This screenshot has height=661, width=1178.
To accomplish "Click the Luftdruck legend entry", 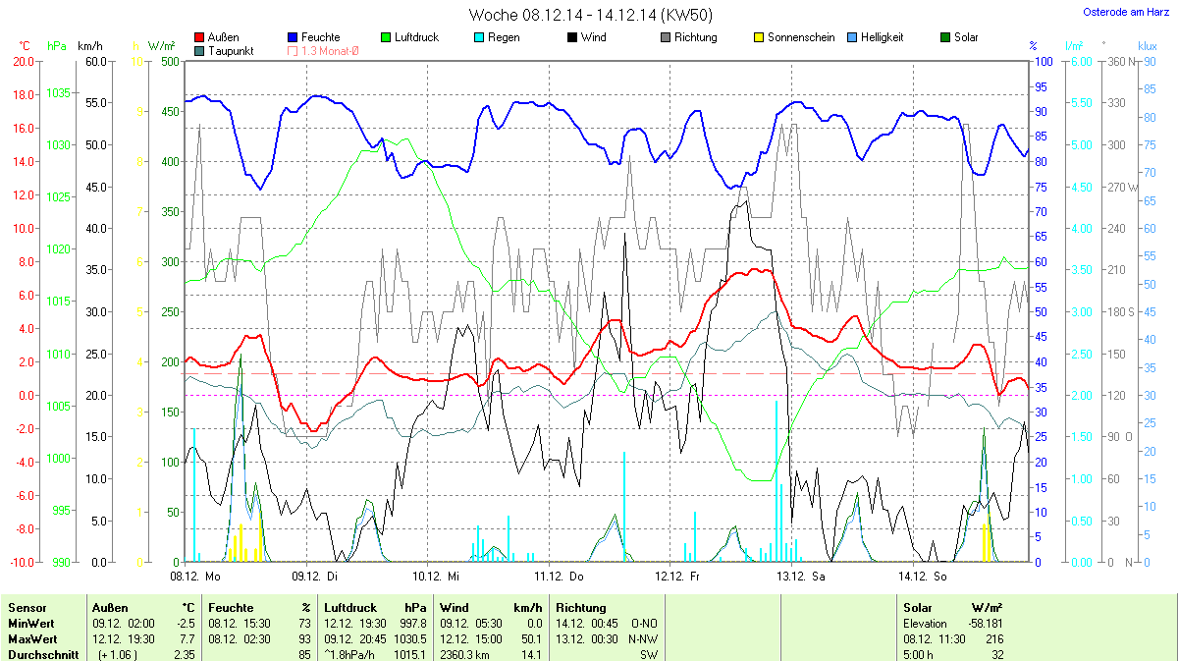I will click(416, 37).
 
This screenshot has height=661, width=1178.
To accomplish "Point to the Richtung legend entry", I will click(695, 37).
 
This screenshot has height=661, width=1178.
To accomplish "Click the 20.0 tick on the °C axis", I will click(24, 61).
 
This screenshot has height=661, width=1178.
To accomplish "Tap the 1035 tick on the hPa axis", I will click(58, 93).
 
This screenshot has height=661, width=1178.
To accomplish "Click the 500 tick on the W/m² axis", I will click(170, 61).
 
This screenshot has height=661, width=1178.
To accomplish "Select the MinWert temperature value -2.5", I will click(186, 624).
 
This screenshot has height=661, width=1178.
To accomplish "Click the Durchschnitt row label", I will click(43, 654).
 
